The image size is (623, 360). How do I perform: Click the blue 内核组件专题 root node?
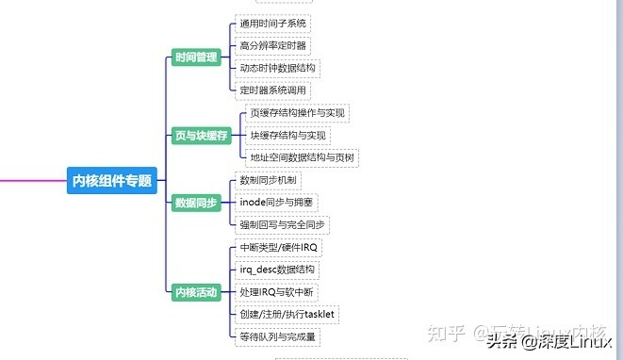112,180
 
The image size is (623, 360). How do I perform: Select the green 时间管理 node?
197,58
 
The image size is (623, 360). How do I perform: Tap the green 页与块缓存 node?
203,136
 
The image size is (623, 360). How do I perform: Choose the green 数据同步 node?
197,203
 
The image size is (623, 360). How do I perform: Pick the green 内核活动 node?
197,292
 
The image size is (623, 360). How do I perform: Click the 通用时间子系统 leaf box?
272,24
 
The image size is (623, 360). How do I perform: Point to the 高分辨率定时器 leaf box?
272,45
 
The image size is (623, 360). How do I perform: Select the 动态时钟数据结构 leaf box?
278,68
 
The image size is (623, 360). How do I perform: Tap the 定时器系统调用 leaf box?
272,90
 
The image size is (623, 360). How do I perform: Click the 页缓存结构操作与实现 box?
299,113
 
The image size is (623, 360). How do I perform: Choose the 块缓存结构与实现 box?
288,136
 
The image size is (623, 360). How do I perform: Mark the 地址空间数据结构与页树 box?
303,157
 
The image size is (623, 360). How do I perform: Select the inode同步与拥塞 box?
278,203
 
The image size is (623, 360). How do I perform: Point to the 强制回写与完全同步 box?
283,225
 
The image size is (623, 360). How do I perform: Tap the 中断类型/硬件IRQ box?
280,248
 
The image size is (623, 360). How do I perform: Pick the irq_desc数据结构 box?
278,270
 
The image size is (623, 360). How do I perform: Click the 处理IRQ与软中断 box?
278,292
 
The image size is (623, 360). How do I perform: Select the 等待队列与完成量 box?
278,336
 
